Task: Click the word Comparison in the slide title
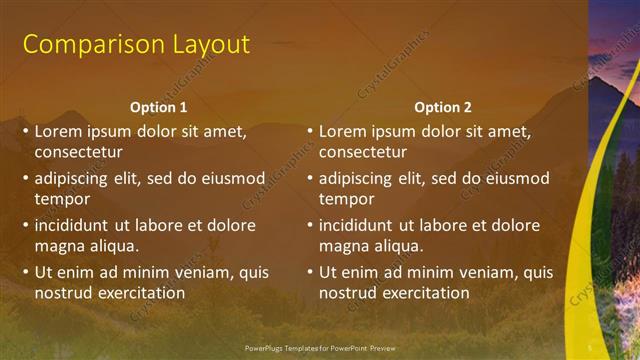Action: tap(87, 44)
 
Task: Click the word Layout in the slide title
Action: tap(204, 44)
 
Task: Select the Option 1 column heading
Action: tap(158, 107)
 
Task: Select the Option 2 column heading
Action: tap(442, 107)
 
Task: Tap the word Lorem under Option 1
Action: tap(58, 131)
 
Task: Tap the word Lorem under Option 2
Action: tap(342, 131)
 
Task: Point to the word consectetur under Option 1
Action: tap(78, 152)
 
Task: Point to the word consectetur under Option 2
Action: tap(362, 152)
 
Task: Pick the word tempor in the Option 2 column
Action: tap(346, 199)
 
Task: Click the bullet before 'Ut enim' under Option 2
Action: tap(310, 272)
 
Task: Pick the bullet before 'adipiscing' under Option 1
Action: tap(26, 178)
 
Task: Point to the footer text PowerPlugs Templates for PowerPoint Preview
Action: tap(319, 348)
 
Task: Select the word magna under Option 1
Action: tap(59, 246)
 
